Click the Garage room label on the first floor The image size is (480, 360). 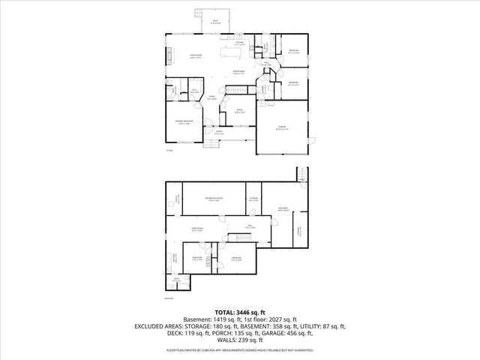[x=282, y=127]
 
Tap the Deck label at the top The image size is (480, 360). [x=214, y=21]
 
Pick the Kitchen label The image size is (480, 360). [x=239, y=43]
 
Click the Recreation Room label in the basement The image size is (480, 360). [x=214, y=199]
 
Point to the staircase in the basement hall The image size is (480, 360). [x=244, y=238]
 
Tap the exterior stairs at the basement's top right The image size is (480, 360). [x=301, y=175]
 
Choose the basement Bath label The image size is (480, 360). [x=177, y=278]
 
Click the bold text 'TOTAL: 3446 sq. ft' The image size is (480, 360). [x=239, y=311]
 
